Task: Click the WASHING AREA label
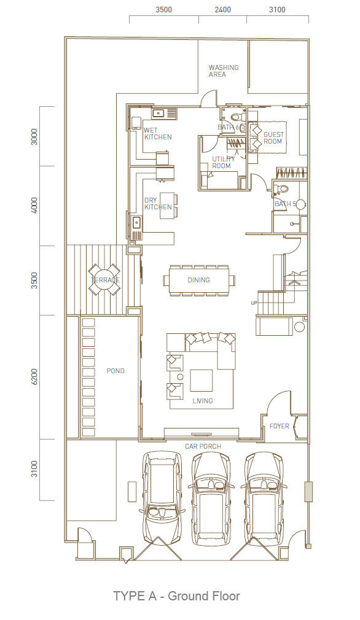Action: click(x=224, y=71)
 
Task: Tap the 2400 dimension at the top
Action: click(x=223, y=9)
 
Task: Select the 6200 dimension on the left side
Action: click(x=34, y=377)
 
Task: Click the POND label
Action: click(x=115, y=371)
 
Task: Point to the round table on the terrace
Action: click(x=104, y=279)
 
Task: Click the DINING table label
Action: click(x=198, y=280)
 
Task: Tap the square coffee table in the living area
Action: click(x=202, y=381)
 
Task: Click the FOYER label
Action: click(x=280, y=426)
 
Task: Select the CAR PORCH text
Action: click(x=203, y=446)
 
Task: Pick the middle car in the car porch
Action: click(x=211, y=499)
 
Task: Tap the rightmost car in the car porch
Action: click(x=264, y=499)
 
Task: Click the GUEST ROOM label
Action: click(x=273, y=138)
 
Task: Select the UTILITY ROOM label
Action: click(x=223, y=162)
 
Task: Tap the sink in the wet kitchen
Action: click(x=158, y=114)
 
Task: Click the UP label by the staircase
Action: click(x=254, y=303)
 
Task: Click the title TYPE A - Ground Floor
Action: click(x=176, y=596)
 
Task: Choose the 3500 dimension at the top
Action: click(x=163, y=9)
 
